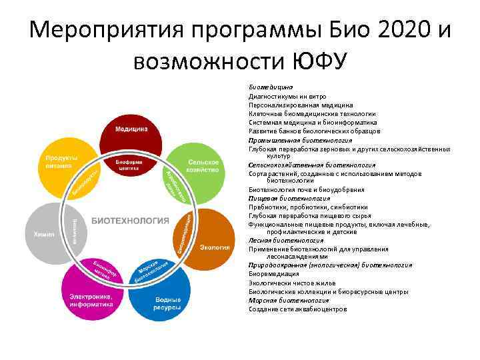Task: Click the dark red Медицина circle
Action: [x=131, y=129]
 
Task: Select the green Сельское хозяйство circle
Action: [x=202, y=167]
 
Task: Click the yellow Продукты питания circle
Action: [x=63, y=163]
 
